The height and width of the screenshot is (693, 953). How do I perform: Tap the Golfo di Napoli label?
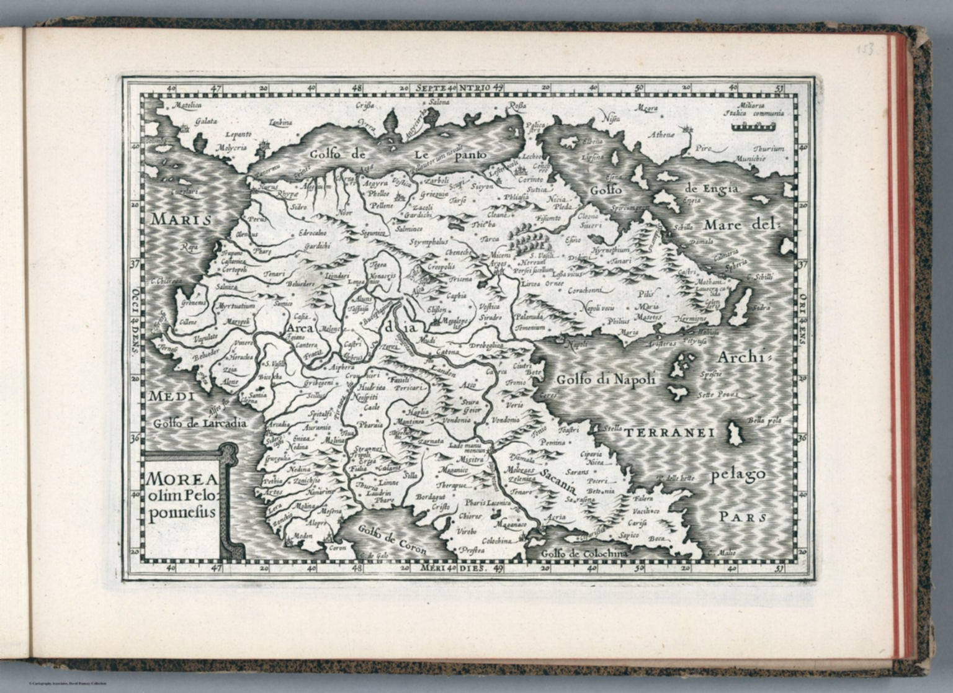606,379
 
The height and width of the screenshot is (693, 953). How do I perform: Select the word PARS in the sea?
743,517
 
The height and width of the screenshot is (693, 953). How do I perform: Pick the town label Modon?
302,535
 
